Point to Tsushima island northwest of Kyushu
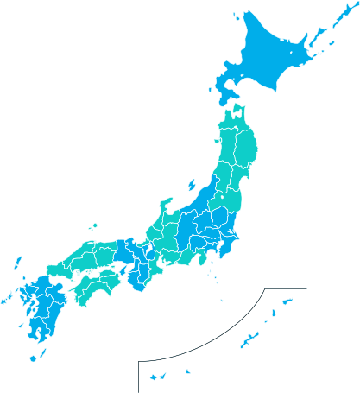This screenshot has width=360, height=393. tap(17, 263)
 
